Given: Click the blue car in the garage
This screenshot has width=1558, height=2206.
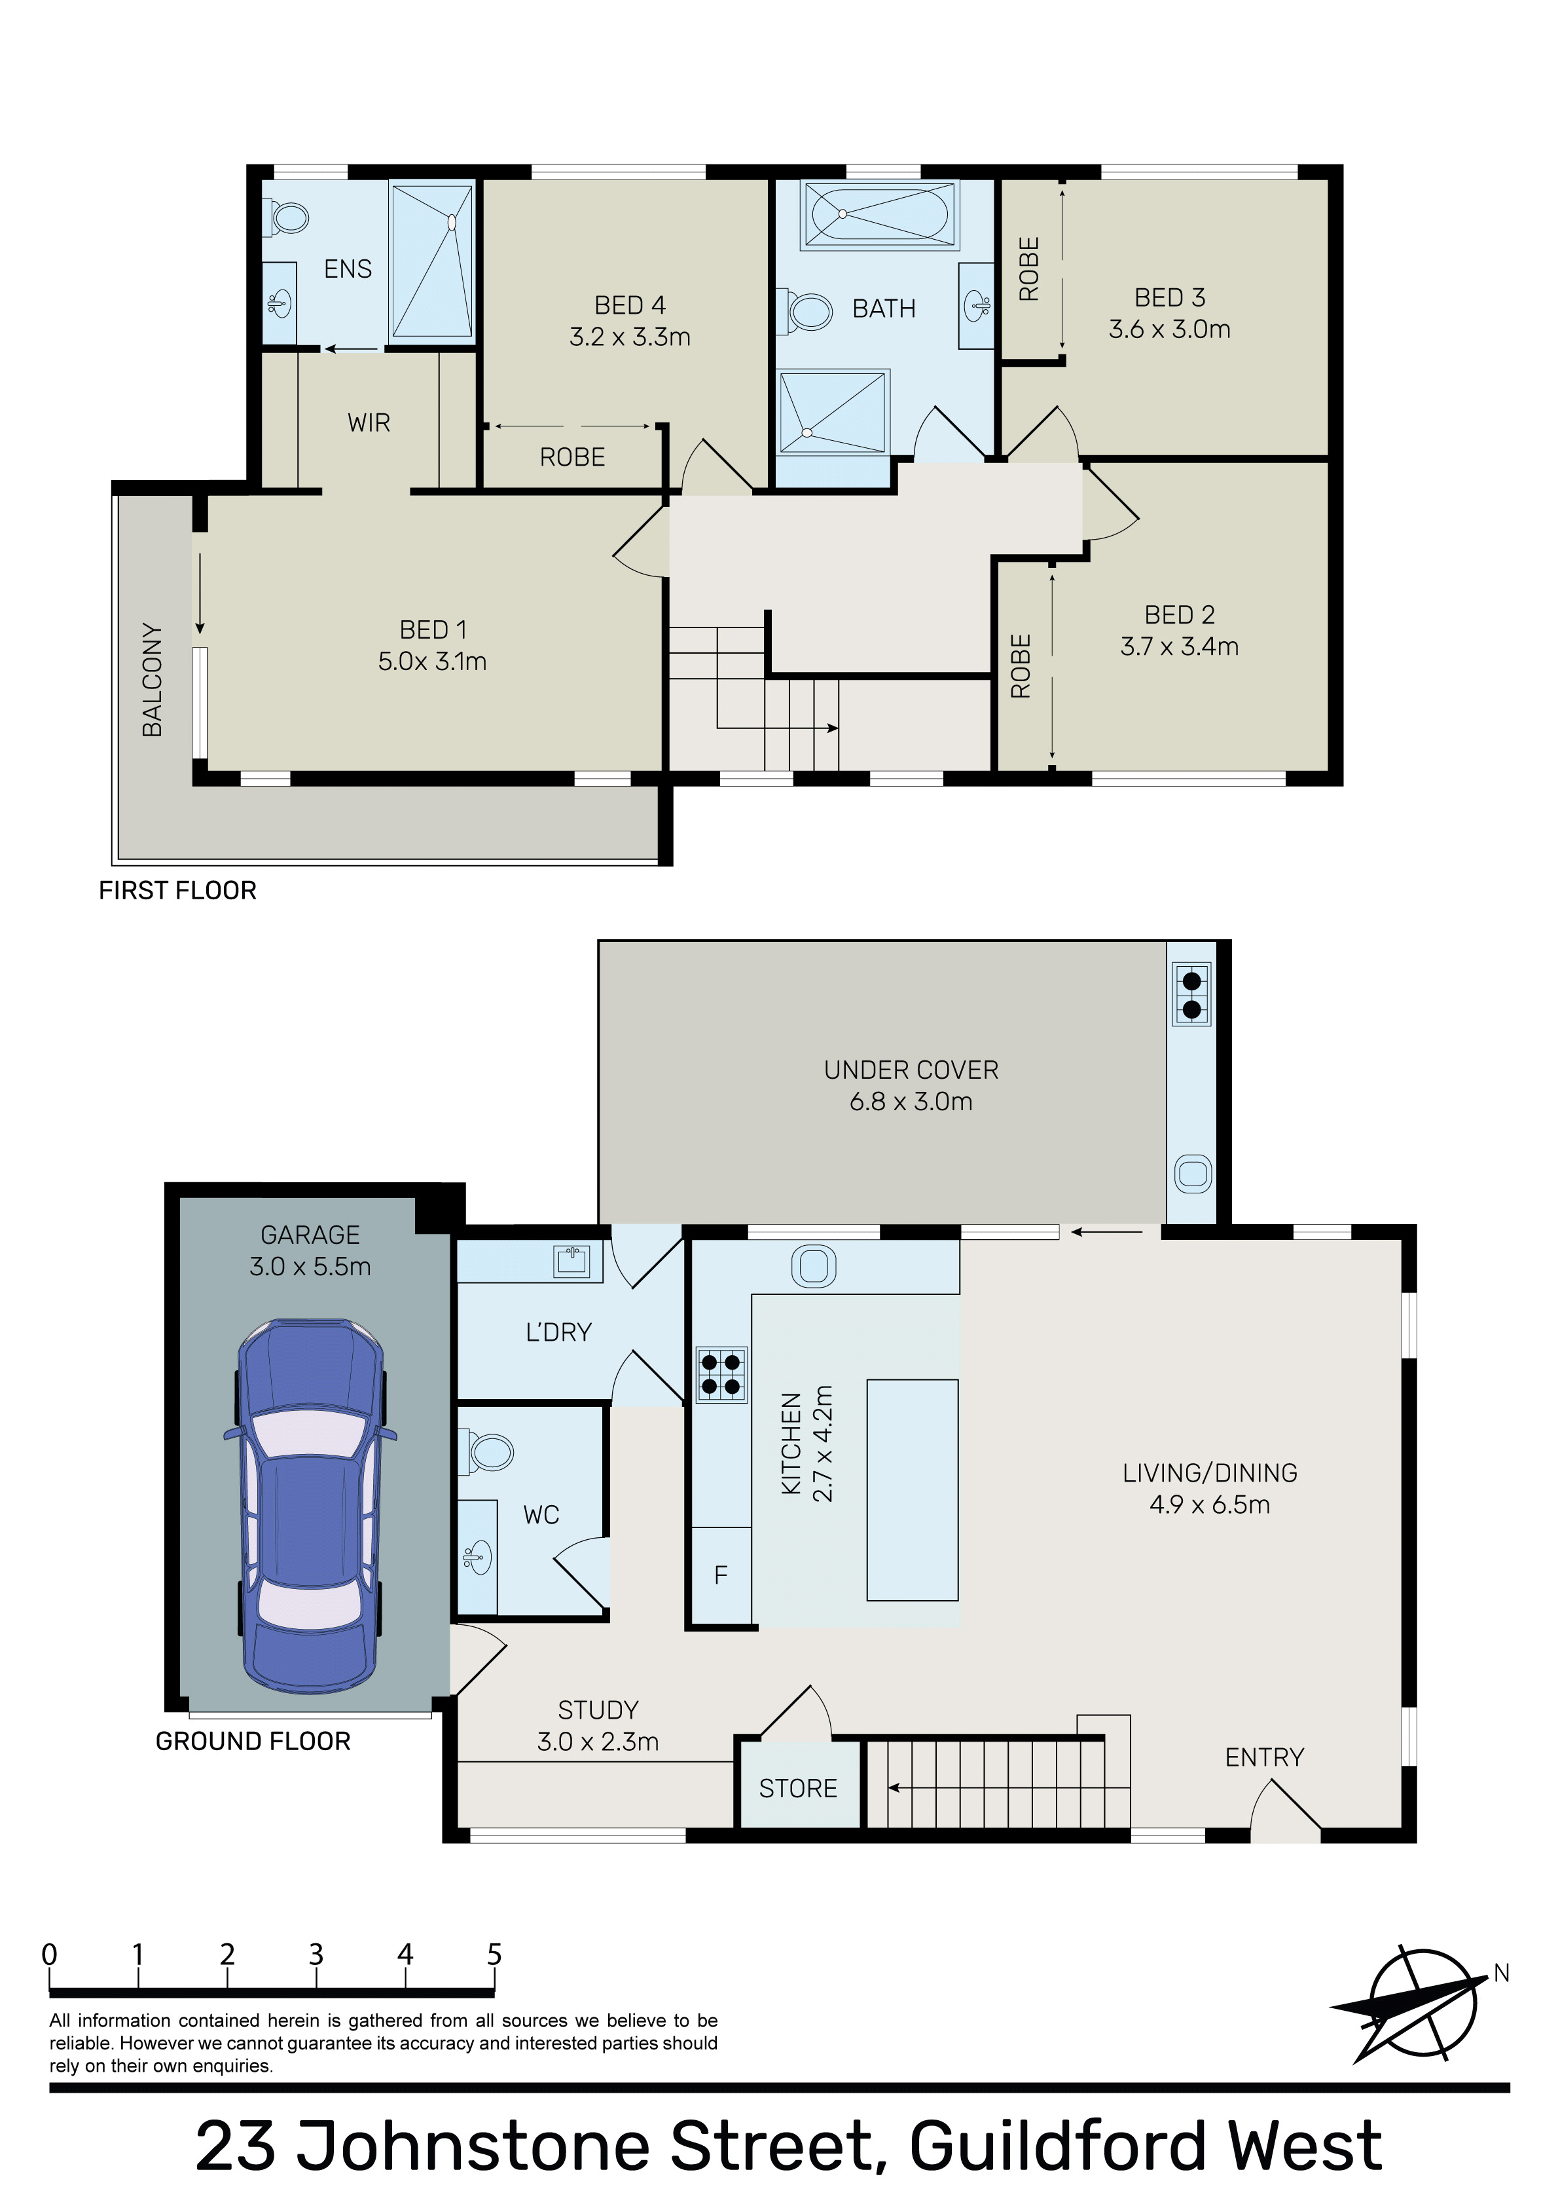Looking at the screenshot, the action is click(x=310, y=1506).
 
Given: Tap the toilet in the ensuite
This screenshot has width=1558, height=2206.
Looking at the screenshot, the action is click(x=286, y=217).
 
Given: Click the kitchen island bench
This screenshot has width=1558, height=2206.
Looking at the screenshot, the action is click(x=913, y=1490).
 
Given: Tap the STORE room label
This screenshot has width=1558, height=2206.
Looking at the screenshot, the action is click(x=798, y=1788).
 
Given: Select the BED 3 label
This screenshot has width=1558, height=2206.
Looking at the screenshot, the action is click(x=1170, y=298).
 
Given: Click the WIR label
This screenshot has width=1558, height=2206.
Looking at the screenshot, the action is click(x=369, y=422).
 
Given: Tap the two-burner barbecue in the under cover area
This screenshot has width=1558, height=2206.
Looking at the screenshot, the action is click(x=1192, y=994).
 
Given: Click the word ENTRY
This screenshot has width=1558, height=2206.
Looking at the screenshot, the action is click(x=1264, y=1757).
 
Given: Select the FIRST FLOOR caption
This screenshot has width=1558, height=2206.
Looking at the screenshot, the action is click(x=177, y=891).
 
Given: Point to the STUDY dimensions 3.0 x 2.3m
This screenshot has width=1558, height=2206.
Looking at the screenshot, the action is click(x=598, y=1742).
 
